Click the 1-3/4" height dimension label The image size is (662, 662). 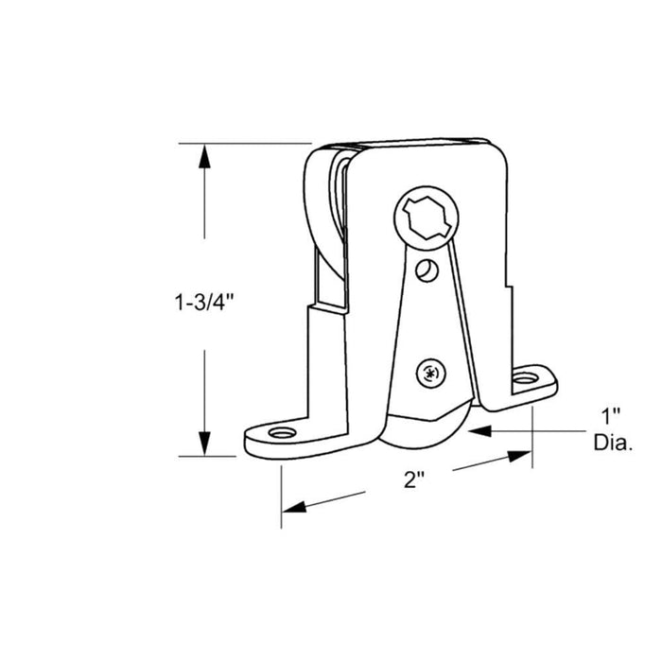tap(204, 303)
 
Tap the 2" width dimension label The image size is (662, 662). tap(414, 479)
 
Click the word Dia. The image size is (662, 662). tap(613, 443)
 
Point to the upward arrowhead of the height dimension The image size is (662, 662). tap(204, 156)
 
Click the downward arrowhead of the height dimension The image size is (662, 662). tap(204, 444)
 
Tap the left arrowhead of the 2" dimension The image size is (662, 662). tap(294, 507)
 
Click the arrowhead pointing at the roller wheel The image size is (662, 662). tap(479, 431)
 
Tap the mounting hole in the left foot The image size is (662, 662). tap(282, 433)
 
